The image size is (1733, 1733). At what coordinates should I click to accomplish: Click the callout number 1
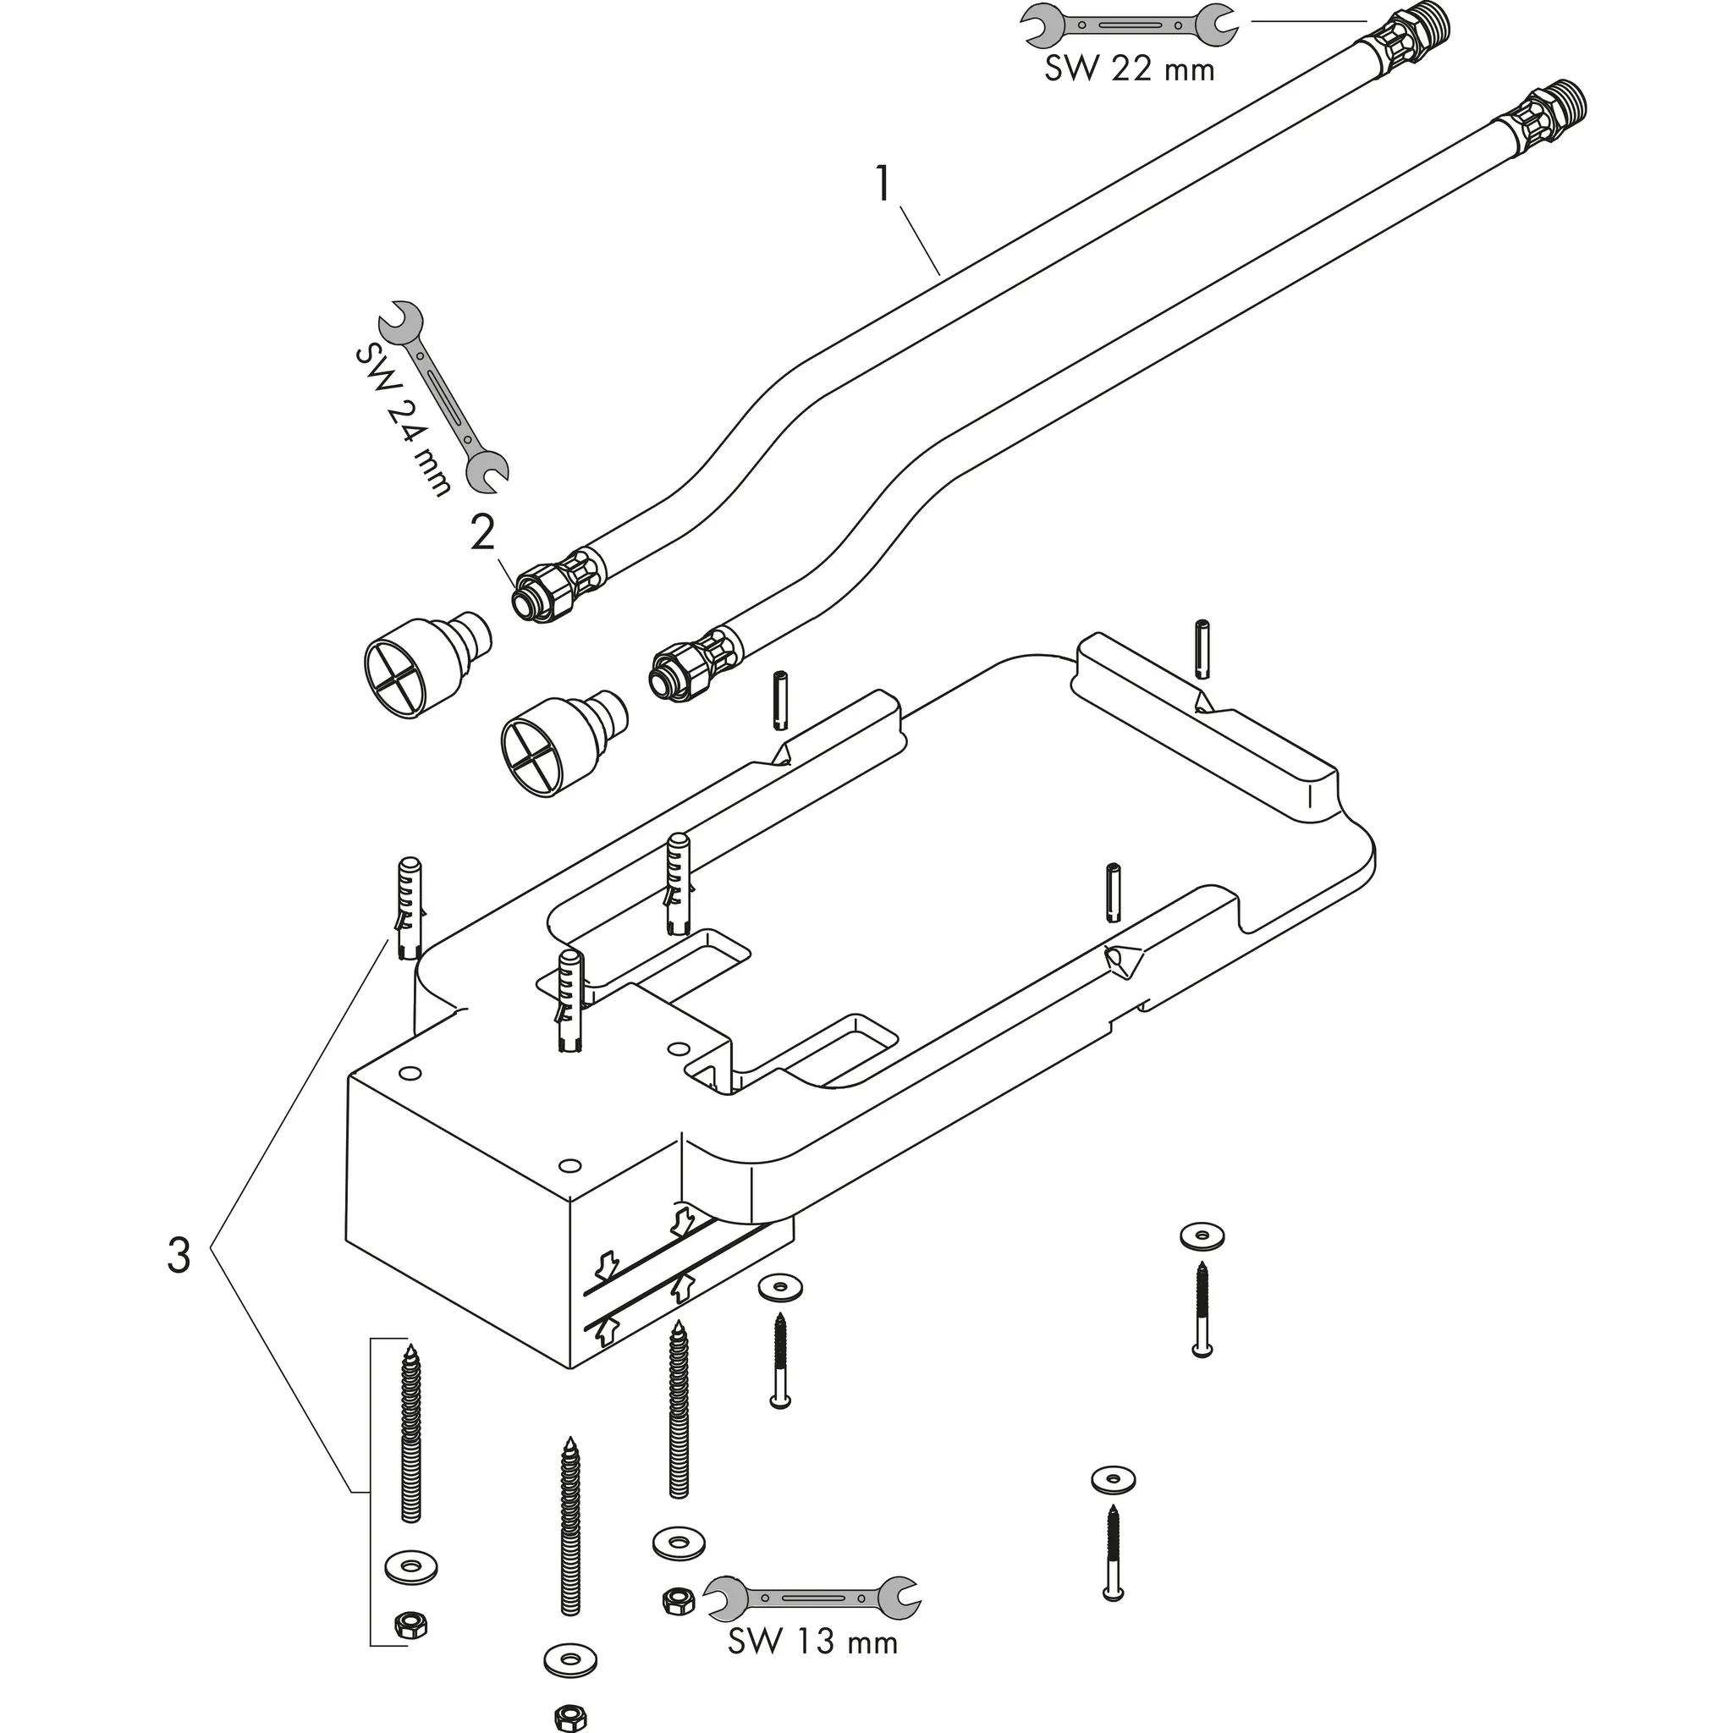pyautogui.click(x=884, y=185)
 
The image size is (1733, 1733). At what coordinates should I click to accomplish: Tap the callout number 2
pyautogui.click(x=482, y=535)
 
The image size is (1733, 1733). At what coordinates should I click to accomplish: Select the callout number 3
pyautogui.click(x=179, y=1256)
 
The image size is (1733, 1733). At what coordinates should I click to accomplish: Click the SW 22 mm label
pyautogui.click(x=1129, y=69)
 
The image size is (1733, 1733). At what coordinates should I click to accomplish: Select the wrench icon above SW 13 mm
pyautogui.click(x=812, y=1598)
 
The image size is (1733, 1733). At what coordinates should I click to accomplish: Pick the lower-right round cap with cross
pyautogui.click(x=561, y=741)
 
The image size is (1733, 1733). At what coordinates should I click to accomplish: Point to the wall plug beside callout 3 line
pyautogui.click(x=408, y=908)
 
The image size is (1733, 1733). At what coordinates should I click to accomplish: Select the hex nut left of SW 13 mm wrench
pyautogui.click(x=676, y=1600)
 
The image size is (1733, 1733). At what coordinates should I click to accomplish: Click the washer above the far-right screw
pyautogui.click(x=1202, y=1236)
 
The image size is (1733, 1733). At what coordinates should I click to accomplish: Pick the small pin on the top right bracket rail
pyautogui.click(x=1202, y=649)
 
